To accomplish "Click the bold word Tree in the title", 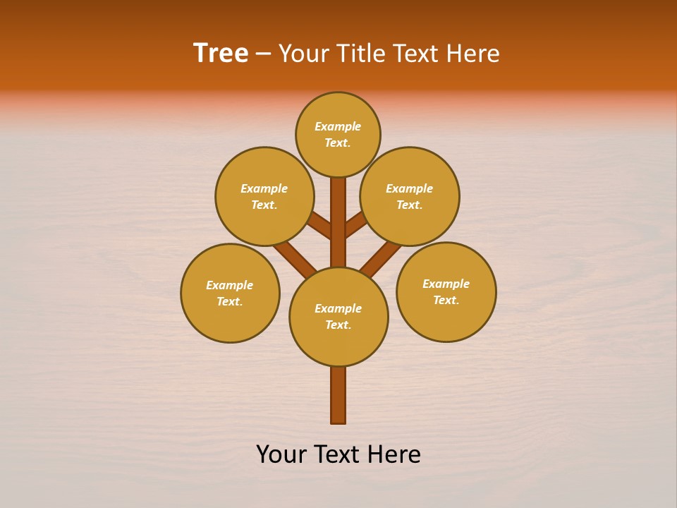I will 221,54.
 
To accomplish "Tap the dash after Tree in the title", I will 263,54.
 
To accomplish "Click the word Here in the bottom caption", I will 394,454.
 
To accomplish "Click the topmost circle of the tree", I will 338,135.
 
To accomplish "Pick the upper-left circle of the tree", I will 264,196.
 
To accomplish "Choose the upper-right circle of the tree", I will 410,196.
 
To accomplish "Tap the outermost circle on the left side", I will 230,293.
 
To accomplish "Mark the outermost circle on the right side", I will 446,291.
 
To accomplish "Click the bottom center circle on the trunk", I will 338,317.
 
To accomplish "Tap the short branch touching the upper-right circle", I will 356,224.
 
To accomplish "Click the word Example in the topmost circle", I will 338,127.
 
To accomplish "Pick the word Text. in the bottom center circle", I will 338,325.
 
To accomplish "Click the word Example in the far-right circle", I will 446,284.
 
